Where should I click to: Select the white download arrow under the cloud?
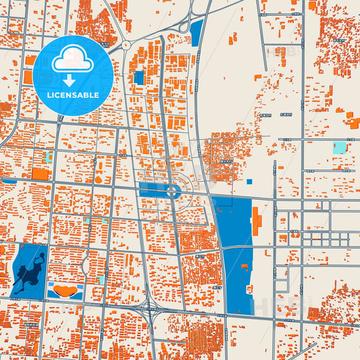click(x=70, y=80)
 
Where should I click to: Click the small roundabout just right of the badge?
click(x=126, y=45)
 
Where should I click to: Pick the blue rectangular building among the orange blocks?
click(x=139, y=78)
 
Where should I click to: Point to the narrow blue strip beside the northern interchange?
click(x=197, y=32)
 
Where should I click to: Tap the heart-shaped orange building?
click(x=65, y=290)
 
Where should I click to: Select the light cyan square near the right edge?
click(x=340, y=147)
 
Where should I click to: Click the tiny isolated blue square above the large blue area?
click(x=249, y=181)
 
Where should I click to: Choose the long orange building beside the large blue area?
click(x=257, y=221)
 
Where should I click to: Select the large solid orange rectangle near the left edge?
click(x=41, y=174)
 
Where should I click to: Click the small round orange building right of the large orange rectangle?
click(x=99, y=180)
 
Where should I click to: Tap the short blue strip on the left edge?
click(x=9, y=181)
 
